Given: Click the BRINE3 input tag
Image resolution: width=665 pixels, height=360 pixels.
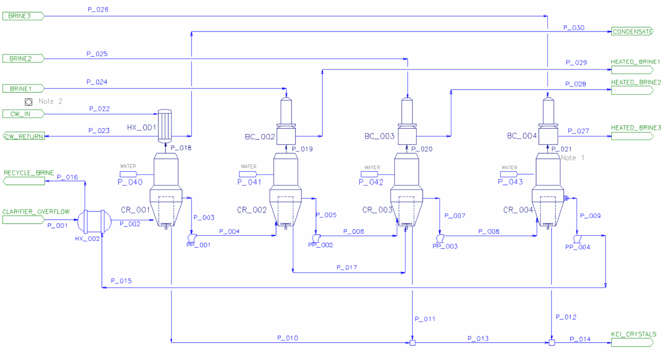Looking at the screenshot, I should (x=23, y=16).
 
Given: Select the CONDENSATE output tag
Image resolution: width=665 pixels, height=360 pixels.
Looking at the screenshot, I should (x=632, y=32).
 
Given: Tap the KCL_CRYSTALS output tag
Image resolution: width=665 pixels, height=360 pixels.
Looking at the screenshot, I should (x=632, y=343).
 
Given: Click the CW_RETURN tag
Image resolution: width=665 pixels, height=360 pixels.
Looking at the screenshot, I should (x=24, y=136).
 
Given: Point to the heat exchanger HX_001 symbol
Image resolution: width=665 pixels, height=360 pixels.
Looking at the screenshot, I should (x=165, y=126).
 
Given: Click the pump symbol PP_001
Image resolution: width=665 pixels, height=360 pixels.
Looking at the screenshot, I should (x=191, y=238).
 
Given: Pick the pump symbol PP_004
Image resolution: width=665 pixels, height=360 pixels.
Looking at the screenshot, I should (x=577, y=239).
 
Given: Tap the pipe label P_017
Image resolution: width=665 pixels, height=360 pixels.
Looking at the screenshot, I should (x=347, y=268).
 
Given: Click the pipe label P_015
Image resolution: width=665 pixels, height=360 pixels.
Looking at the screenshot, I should (x=121, y=281).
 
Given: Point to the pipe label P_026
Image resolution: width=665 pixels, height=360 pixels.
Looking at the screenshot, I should (x=98, y=10).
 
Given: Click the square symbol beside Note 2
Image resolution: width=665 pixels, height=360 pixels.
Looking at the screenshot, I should (x=29, y=102).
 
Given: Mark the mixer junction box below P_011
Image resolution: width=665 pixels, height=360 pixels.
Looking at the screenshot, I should (x=412, y=343).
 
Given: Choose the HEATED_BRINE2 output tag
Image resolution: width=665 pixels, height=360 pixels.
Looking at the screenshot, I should (x=632, y=90).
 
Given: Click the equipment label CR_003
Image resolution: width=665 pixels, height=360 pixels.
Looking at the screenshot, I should (x=377, y=210).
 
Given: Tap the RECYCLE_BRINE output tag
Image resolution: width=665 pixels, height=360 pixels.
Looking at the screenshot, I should (x=24, y=181).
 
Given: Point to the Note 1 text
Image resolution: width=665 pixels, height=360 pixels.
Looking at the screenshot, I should (x=572, y=158).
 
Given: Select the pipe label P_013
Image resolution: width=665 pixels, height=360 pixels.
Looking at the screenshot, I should (x=478, y=338).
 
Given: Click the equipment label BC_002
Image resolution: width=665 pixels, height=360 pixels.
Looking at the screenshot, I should (x=260, y=137).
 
